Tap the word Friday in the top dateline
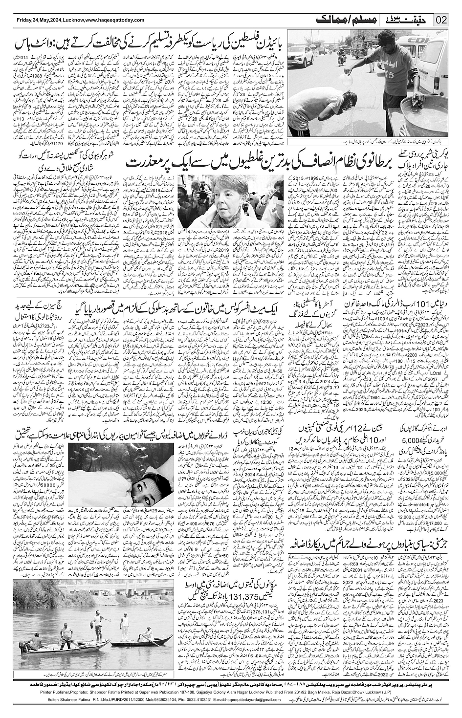tap(23, 20)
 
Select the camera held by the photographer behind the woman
tap(192, 183)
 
